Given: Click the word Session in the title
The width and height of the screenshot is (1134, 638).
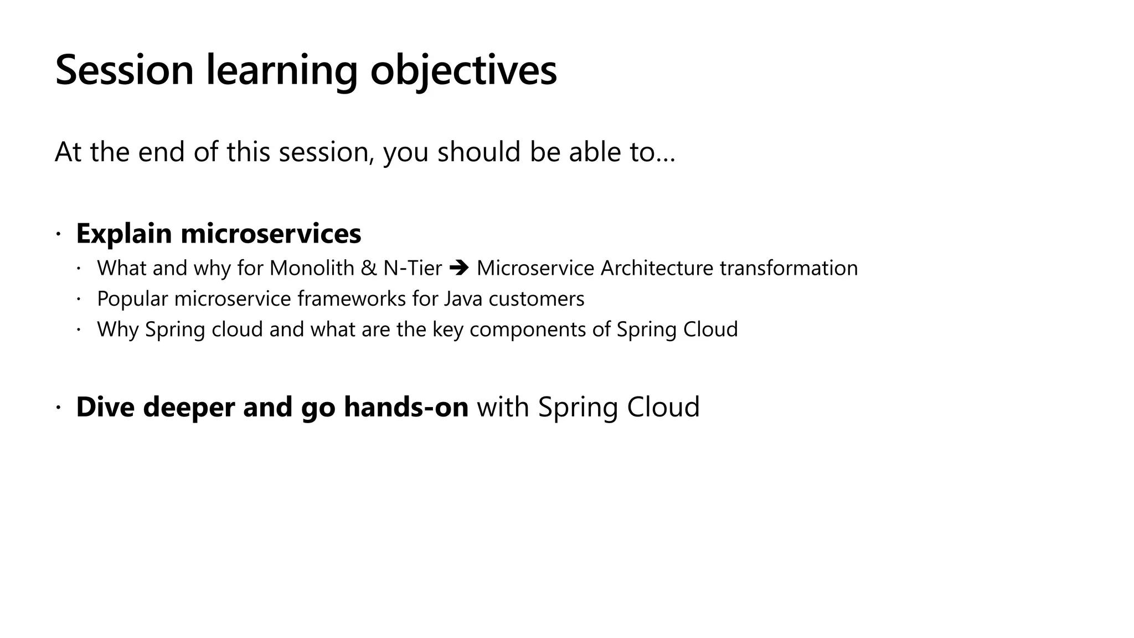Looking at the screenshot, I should [125, 70].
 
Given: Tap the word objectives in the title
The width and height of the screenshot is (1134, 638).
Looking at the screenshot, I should [463, 70].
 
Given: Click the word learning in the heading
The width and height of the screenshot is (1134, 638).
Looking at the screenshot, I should [282, 70].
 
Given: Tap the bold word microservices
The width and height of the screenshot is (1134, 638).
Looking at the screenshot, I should [271, 234].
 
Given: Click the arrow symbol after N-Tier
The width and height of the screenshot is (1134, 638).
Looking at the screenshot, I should [459, 269].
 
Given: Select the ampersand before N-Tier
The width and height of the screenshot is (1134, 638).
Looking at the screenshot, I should [368, 268].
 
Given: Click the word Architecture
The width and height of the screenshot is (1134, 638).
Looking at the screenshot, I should [657, 268].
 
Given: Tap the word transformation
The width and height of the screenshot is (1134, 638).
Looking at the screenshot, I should [788, 268].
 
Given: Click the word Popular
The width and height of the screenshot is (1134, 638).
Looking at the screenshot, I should [132, 299].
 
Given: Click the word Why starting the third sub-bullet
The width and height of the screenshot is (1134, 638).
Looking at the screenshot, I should [117, 330].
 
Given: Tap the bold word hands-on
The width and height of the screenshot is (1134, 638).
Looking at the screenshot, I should [406, 407].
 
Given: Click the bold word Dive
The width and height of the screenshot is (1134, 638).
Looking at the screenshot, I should [105, 407].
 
